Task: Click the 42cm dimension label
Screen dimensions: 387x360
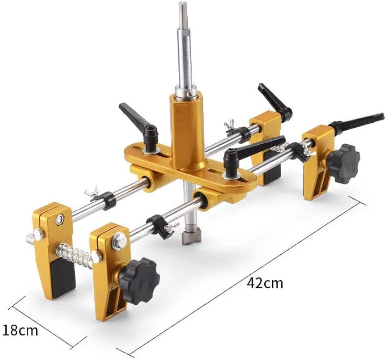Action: point(265,283)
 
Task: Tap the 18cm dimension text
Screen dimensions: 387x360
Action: point(20,330)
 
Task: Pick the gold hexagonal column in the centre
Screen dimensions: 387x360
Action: point(187,133)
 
